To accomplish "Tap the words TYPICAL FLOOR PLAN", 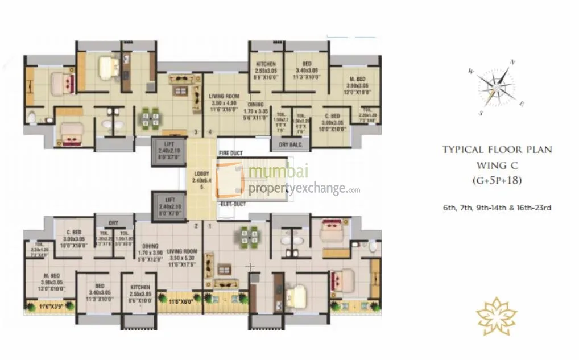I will pyautogui.click(x=498, y=150).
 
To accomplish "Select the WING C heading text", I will pyautogui.click(x=498, y=165).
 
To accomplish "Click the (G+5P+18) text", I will pyautogui.click(x=497, y=181).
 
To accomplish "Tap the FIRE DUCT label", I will pyautogui.click(x=230, y=154).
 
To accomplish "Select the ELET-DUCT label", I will pyautogui.click(x=232, y=204).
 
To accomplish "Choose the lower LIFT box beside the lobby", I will pyautogui.click(x=168, y=204).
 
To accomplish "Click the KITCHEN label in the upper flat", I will pyautogui.click(x=266, y=64).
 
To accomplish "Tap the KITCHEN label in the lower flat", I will pyautogui.click(x=140, y=288).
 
